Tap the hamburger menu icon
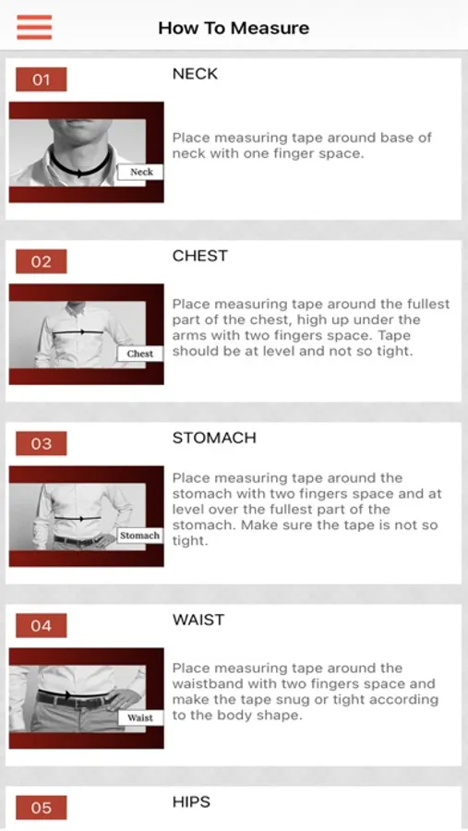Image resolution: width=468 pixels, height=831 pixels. pyautogui.click(x=34, y=27)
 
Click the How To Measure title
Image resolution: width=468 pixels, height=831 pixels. pyautogui.click(x=234, y=28)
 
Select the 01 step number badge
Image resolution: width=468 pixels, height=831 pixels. pyautogui.click(x=42, y=79)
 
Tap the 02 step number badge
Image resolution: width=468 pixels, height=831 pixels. pyautogui.click(x=42, y=262)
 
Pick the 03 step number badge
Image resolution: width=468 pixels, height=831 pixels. pyautogui.click(x=42, y=443)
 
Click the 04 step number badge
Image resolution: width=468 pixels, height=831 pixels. pyautogui.click(x=42, y=626)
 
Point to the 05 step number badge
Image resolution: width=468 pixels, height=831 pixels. pyautogui.click(x=42, y=808)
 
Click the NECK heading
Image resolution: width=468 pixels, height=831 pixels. pyautogui.click(x=195, y=74)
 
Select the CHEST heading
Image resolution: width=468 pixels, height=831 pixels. pyautogui.click(x=199, y=256)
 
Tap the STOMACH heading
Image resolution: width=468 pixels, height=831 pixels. pyautogui.click(x=214, y=438)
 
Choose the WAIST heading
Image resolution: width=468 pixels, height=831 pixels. pyautogui.click(x=198, y=620)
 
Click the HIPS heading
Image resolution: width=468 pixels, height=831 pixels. pyautogui.click(x=191, y=801)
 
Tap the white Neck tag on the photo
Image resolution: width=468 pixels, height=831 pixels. pyautogui.click(x=140, y=172)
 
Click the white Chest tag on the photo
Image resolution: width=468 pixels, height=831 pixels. pyautogui.click(x=140, y=354)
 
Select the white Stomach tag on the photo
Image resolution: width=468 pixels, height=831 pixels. pyautogui.click(x=139, y=536)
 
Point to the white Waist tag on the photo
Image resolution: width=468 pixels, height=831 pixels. pyautogui.click(x=140, y=718)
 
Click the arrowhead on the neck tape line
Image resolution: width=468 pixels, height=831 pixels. pyautogui.click(x=79, y=173)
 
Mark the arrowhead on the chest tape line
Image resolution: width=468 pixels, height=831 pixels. pyautogui.click(x=81, y=331)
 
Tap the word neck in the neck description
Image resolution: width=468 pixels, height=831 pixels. pyautogui.click(x=185, y=154)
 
